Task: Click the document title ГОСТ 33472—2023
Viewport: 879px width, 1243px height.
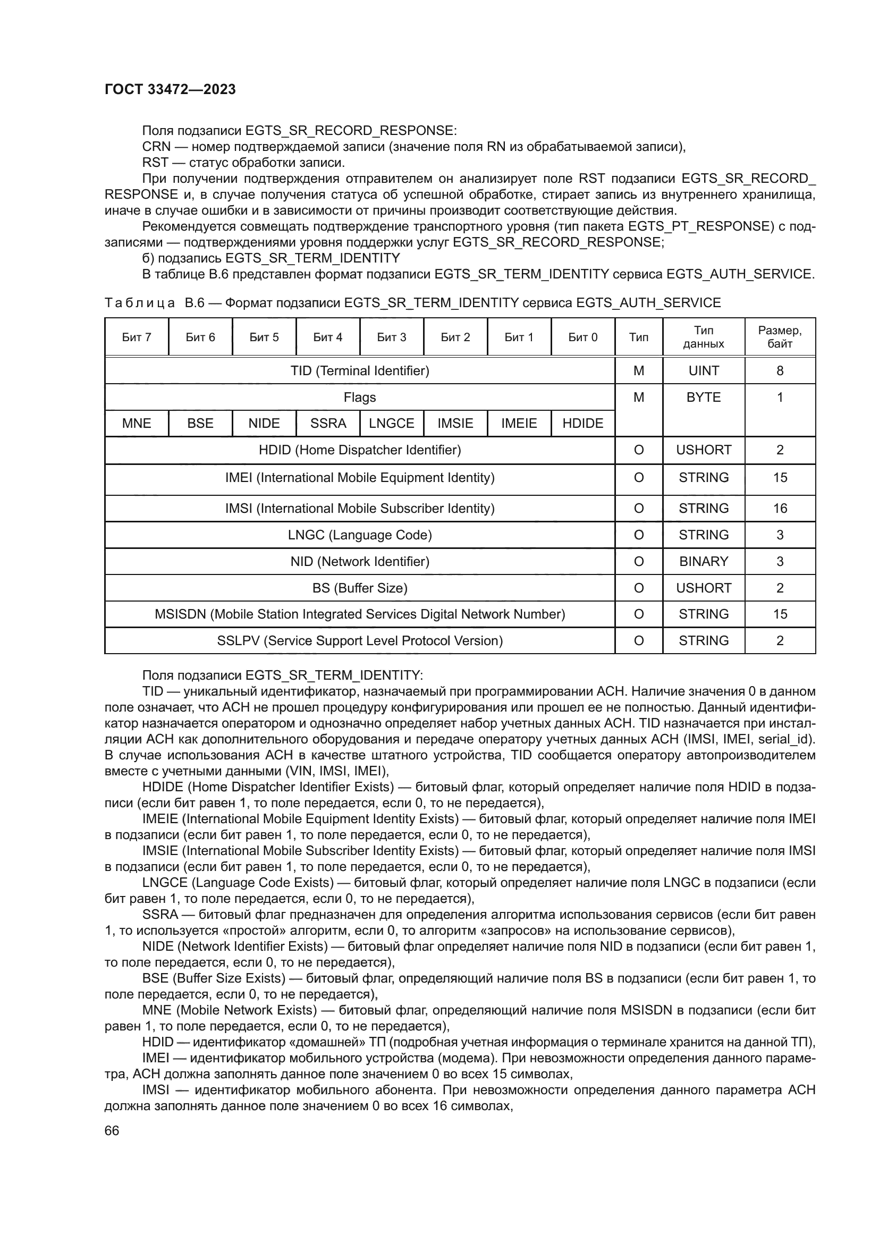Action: [170, 90]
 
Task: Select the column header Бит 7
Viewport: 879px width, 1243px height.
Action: [137, 337]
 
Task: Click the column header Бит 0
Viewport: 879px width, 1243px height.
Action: [582, 337]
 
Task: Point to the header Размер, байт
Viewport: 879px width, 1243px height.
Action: [780, 337]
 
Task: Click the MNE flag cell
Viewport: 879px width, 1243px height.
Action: [137, 424]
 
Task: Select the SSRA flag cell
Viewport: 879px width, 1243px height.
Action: [328, 424]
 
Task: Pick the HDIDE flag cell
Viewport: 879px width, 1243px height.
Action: [582, 424]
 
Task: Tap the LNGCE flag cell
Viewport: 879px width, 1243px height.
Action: [391, 424]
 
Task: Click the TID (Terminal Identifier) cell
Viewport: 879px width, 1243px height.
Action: [359, 371]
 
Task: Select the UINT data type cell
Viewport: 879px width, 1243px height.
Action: [703, 371]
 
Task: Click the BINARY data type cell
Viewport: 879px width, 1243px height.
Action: [703, 561]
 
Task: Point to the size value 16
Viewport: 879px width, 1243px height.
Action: [780, 509]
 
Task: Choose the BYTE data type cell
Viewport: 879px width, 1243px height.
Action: [703, 398]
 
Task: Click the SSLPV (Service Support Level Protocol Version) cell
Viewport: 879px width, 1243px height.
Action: [359, 641]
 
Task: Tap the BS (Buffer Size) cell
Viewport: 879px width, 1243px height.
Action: [359, 588]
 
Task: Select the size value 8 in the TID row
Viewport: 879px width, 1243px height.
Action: [780, 371]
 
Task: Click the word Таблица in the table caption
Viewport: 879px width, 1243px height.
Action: [140, 303]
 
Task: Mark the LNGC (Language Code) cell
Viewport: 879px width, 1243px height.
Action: [359, 535]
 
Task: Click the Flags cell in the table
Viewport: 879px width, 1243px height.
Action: [359, 398]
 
